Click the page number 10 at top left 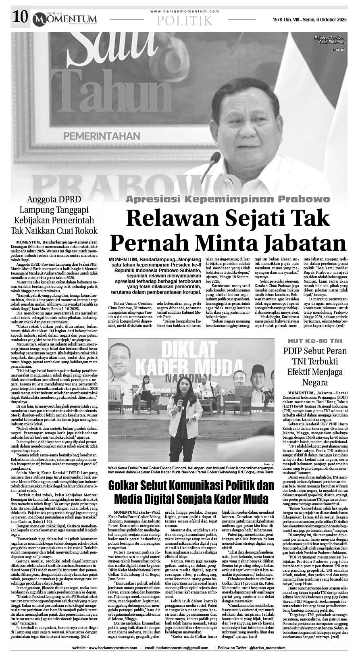(x=19, y=17)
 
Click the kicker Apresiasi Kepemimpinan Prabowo (x=227, y=199)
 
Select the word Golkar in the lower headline (x=127, y=486)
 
